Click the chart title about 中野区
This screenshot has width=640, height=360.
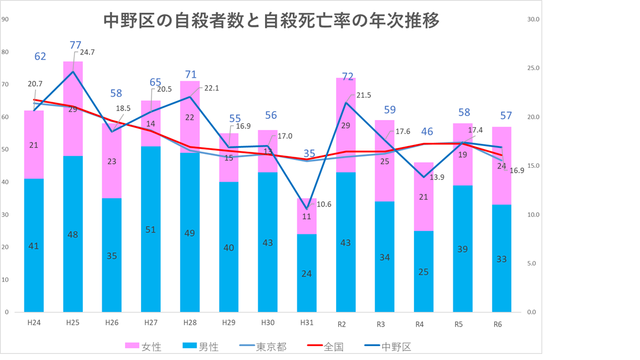pos(272,21)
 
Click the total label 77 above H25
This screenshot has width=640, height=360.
pos(76,44)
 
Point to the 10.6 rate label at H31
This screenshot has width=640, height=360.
pos(324,204)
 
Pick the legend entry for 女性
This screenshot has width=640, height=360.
pos(143,347)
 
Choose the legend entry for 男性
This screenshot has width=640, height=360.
pos(201,347)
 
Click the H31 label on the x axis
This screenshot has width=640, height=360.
pos(307,323)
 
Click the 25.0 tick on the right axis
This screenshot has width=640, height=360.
pos(533,68)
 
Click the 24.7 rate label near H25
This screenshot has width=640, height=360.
pos(88,52)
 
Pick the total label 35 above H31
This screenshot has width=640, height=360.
pos(309,153)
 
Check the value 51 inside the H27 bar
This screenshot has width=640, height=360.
pos(151,229)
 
